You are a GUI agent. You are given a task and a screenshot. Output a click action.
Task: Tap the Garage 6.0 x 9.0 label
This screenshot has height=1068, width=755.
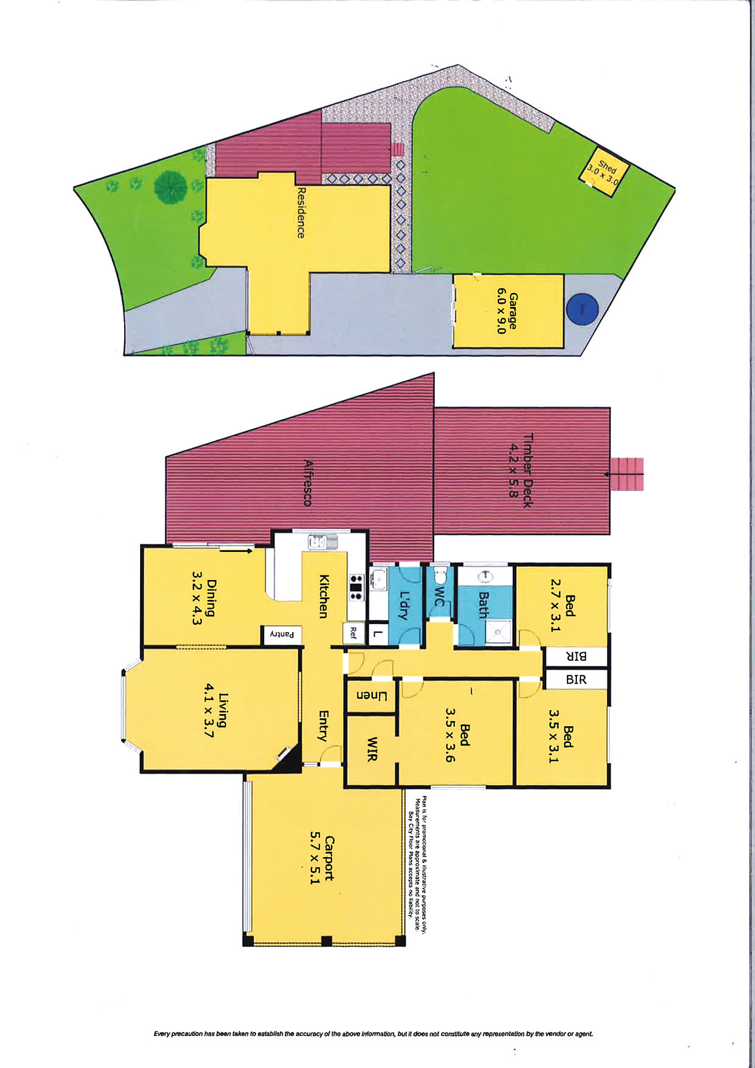pyautogui.click(x=507, y=311)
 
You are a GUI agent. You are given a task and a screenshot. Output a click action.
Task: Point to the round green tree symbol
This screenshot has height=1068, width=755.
pyautogui.click(x=171, y=188)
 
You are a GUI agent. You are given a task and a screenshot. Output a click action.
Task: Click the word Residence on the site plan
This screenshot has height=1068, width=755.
pyautogui.click(x=300, y=212)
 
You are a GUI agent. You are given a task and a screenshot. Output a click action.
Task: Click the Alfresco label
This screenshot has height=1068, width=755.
pyautogui.click(x=307, y=483)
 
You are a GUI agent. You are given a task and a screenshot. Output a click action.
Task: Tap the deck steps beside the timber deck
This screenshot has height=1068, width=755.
pyautogui.click(x=627, y=474)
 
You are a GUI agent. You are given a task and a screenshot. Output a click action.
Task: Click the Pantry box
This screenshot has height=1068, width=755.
pyautogui.click(x=281, y=635)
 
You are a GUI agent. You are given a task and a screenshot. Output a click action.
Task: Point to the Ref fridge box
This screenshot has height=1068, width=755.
pyautogui.click(x=353, y=632)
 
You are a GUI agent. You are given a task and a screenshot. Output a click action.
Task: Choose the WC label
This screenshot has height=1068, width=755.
pyautogui.click(x=438, y=595)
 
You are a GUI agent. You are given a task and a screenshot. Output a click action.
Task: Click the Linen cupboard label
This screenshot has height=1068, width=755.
pyautogui.click(x=371, y=696)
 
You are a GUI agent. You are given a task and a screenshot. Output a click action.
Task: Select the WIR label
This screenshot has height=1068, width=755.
pyautogui.click(x=371, y=748)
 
